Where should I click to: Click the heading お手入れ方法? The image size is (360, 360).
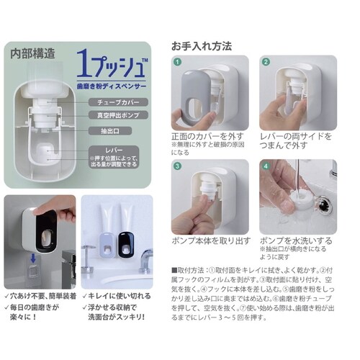[201, 45]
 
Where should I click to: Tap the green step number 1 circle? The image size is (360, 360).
[176, 63]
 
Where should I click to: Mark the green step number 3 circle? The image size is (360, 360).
[176, 166]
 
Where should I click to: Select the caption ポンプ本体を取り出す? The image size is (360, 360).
[210, 239]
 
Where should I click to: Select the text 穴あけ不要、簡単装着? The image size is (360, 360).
[43, 296]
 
